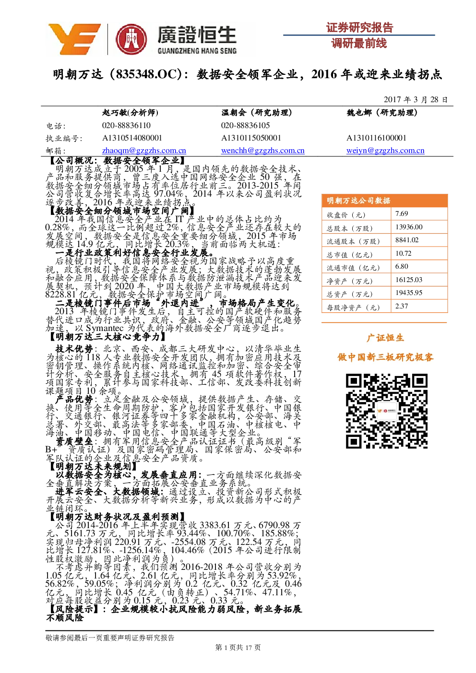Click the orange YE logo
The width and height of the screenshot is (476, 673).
[74, 39]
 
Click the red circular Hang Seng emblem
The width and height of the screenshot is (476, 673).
[131, 39]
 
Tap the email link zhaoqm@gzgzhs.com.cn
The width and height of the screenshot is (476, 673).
[144, 150]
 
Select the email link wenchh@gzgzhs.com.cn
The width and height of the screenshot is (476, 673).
[262, 150]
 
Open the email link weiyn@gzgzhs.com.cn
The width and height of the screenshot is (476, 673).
[385, 150]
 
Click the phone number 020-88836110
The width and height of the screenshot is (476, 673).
[126, 125]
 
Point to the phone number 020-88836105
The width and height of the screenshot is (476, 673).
[245, 125]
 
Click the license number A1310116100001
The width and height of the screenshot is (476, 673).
[376, 138]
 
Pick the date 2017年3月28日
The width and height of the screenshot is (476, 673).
[415, 99]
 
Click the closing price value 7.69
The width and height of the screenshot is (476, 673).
[402, 213]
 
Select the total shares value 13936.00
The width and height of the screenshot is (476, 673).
[409, 227]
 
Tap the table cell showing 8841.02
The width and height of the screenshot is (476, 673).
[407, 240]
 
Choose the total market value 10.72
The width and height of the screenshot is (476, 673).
[403, 253]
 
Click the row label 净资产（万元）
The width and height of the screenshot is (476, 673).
[349, 281]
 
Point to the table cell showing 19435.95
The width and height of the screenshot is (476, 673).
[409, 293]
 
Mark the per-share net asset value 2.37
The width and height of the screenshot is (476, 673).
[402, 306]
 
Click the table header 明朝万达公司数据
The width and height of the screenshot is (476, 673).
[358, 201]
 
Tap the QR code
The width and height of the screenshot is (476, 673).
[386, 411]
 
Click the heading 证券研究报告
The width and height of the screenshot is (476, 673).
[359, 28]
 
